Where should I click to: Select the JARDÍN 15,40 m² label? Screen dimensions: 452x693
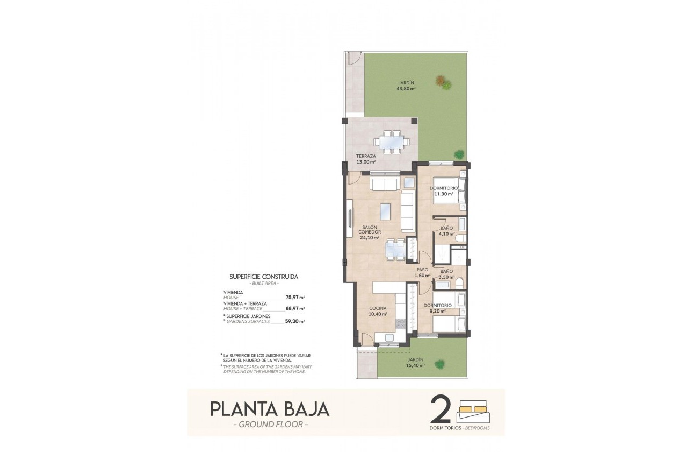tap(415, 362)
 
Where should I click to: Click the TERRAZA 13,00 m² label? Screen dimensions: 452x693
tap(365, 159)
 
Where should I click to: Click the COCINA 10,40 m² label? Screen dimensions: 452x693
tap(378, 311)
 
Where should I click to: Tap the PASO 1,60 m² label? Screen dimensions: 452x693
tap(423, 272)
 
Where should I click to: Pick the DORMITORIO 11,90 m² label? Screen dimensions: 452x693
tap(443, 191)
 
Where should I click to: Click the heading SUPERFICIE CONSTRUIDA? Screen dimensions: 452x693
tap(264, 277)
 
